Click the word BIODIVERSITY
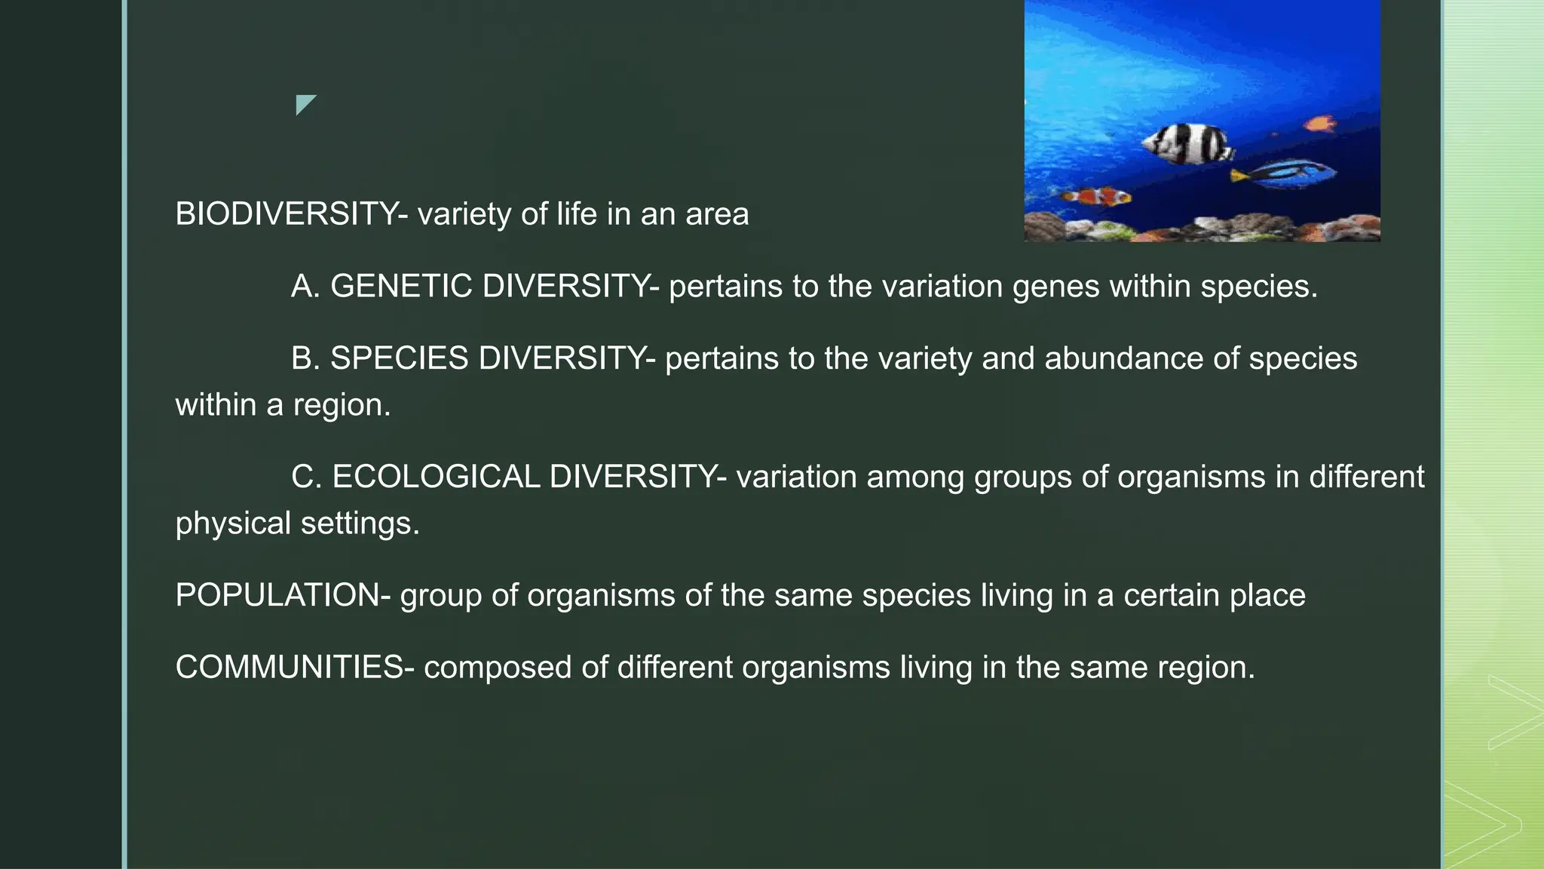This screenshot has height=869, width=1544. [x=286, y=214]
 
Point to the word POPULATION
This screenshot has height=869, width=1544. [x=277, y=595]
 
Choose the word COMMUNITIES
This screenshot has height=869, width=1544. [x=289, y=668]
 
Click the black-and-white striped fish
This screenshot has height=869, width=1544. [x=1187, y=143]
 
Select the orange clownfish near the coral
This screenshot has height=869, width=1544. [x=1098, y=198]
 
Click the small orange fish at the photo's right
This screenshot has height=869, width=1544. [x=1321, y=123]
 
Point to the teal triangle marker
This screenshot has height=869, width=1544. [x=304, y=103]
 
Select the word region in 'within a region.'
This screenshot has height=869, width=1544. [x=341, y=406]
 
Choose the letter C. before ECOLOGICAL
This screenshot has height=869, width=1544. [x=306, y=477]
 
